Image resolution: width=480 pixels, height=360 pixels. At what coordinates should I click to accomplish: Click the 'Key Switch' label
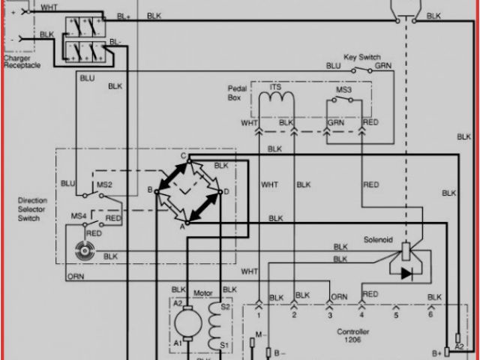click(363, 57)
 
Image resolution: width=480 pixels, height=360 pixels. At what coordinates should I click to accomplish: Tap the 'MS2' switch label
click(104, 184)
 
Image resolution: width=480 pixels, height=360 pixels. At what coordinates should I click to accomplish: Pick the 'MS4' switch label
click(79, 216)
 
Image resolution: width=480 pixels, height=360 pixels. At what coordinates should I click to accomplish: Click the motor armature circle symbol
click(184, 323)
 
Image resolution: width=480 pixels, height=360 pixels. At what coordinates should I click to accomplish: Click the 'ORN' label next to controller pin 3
click(339, 297)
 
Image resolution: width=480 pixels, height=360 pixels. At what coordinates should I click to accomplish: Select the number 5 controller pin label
click(397, 316)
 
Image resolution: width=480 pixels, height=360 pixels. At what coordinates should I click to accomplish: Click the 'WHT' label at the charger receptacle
click(48, 7)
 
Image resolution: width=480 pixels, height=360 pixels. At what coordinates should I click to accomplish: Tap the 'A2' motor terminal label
click(178, 303)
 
